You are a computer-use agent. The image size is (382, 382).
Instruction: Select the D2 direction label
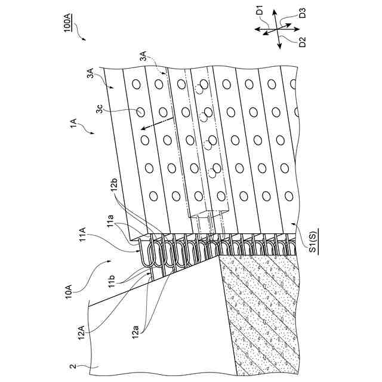pos(302,42)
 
